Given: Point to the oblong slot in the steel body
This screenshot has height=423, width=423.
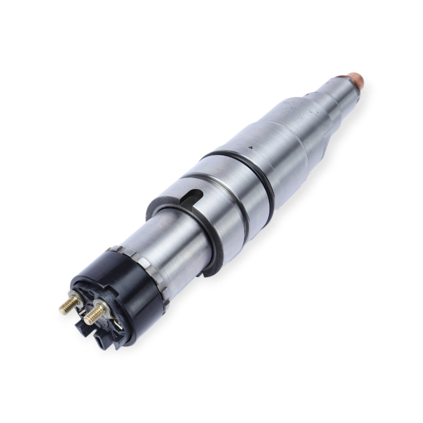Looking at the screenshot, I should click(191, 195).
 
